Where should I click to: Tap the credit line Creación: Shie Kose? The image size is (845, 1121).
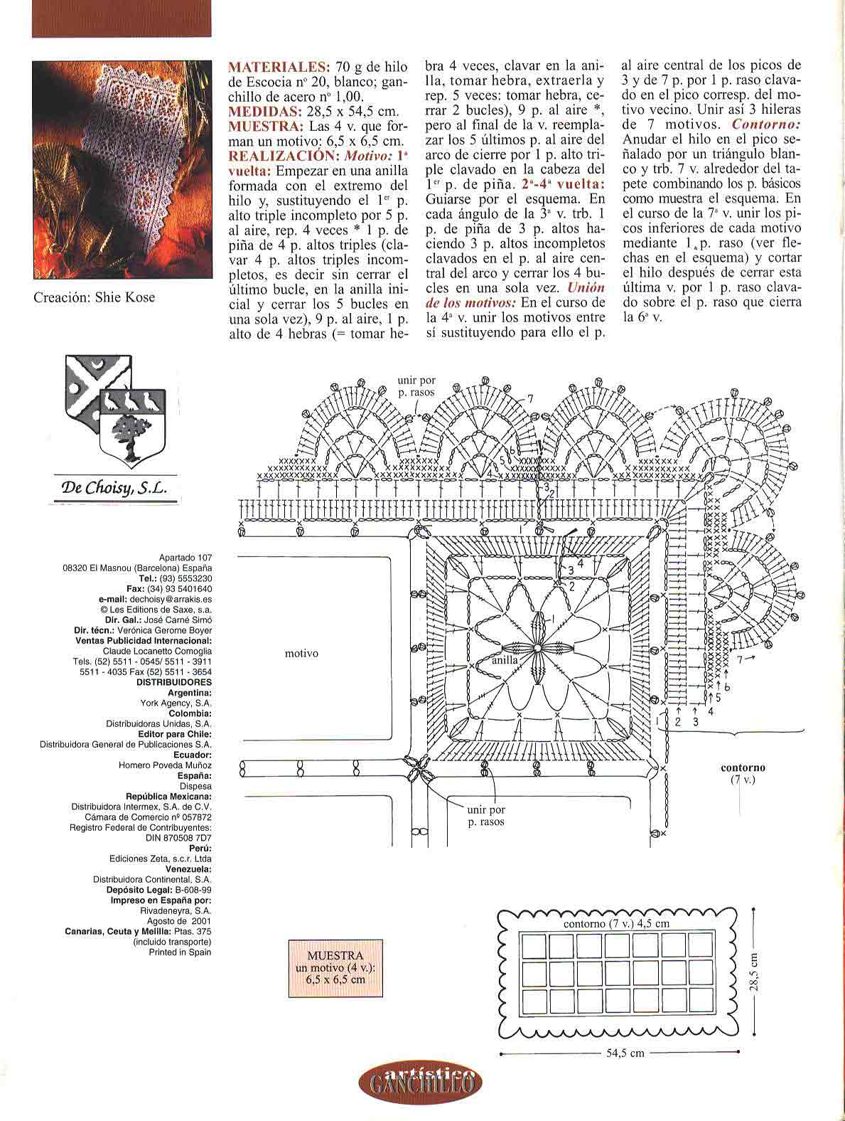[94, 297]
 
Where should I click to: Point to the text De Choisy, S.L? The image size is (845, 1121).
[114, 488]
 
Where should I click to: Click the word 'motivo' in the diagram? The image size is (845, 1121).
[301, 653]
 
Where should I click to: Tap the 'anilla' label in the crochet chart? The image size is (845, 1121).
[505, 660]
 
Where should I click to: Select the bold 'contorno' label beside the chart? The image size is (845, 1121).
[743, 767]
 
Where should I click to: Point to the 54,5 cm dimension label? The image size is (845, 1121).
[625, 1053]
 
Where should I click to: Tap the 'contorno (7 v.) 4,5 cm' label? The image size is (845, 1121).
[616, 923]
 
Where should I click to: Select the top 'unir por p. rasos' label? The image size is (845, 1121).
[416, 386]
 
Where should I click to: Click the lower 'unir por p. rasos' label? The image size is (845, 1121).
[486, 815]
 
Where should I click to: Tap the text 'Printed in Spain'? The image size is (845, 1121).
[180, 952]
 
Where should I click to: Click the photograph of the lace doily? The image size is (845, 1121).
[122, 169]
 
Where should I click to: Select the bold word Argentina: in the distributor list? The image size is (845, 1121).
[189, 692]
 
